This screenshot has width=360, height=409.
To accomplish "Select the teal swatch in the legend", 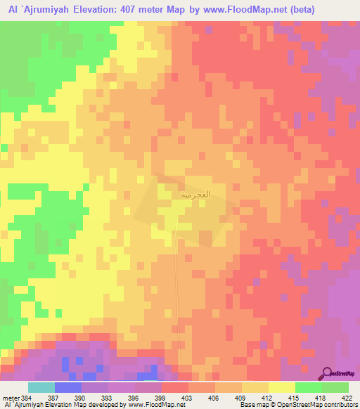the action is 41,387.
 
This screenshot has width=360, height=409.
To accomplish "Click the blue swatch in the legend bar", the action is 68,387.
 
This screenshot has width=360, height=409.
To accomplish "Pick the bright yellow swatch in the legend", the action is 281,387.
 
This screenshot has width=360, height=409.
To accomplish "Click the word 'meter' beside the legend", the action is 10,398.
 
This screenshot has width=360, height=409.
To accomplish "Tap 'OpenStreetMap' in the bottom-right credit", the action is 302,405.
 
